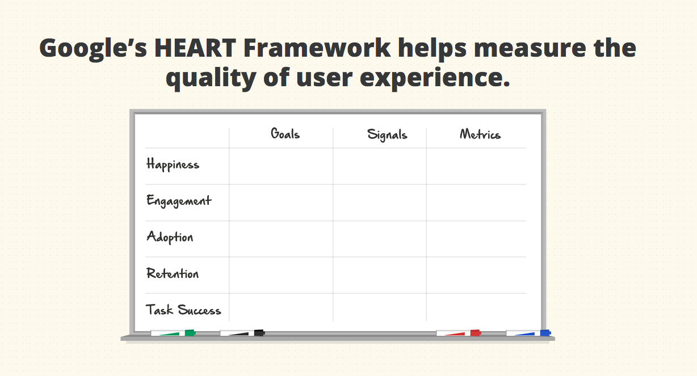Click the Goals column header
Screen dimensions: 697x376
pos(285,134)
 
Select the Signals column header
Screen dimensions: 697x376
pos(387,135)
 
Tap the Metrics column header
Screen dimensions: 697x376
pos(480,134)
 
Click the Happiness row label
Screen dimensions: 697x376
pos(173,164)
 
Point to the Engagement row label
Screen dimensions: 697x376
pos(179,201)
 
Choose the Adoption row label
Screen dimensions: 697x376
pos(170,237)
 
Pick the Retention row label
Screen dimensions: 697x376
pos(173,273)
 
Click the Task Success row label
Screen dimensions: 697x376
pos(183,310)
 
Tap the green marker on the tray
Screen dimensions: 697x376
pos(173,333)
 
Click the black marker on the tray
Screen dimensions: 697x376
pos(242,333)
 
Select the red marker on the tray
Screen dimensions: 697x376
pos(459,333)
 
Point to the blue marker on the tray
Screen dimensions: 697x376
pos(528,333)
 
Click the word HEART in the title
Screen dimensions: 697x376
pos(195,48)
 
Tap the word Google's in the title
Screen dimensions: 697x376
pos(93,49)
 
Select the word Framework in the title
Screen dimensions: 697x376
pos(317,48)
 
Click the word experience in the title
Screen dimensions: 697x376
pos(435,79)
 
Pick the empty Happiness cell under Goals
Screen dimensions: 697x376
pos(281,166)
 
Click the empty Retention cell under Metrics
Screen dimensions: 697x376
pos(476,275)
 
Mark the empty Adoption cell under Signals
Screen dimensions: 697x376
pos(380,239)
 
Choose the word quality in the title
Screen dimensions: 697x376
pos(211,79)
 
